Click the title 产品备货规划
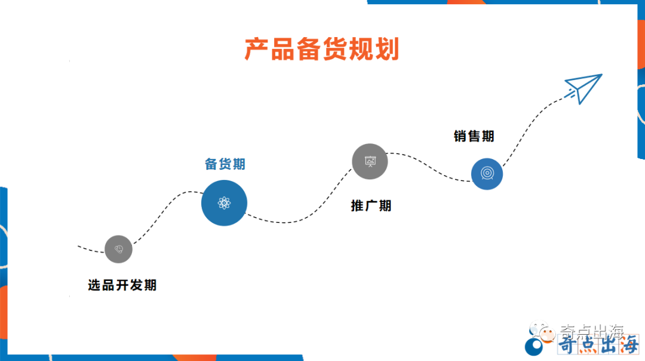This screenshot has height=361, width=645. point(321,50)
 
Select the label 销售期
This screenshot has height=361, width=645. point(474,136)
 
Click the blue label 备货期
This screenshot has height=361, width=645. point(225,164)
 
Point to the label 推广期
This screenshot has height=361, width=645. point(371,206)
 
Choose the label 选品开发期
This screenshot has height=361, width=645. point(122,286)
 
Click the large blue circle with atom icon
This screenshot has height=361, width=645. point(224,203)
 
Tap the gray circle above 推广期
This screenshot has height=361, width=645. point(370,161)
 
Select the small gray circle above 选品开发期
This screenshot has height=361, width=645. point(118,249)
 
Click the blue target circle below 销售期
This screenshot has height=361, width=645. point(487,174)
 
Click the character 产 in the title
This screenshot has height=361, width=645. point(257,50)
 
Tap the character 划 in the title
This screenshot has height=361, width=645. point(387,50)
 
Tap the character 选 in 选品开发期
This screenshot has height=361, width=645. point(95,286)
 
